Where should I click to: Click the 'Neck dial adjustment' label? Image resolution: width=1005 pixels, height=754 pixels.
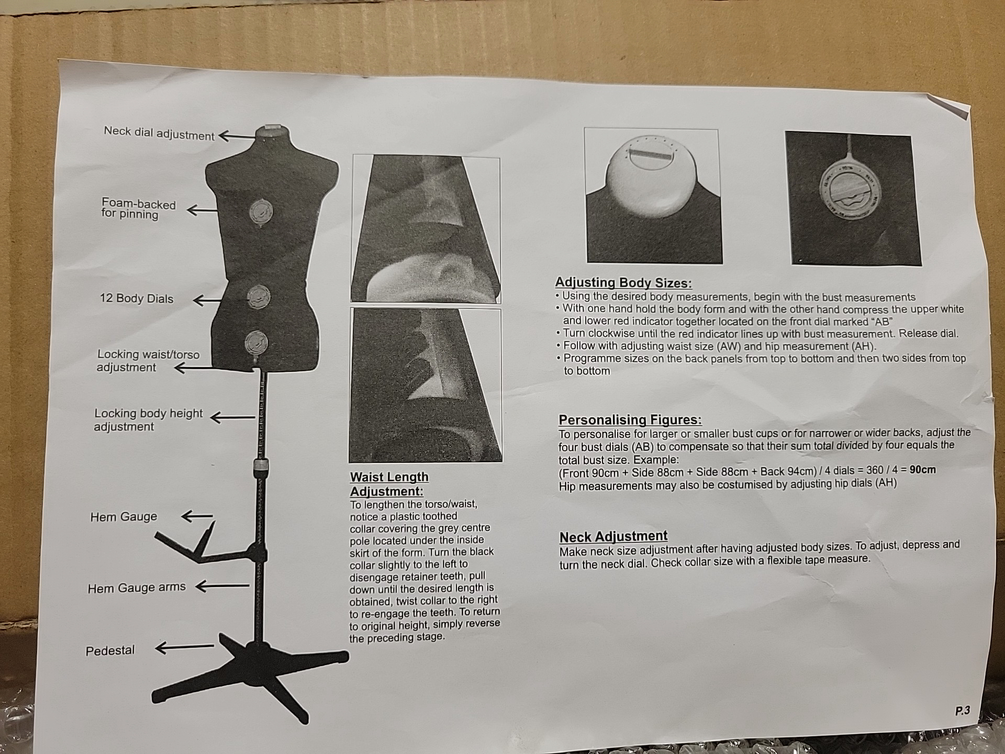tap(159, 133)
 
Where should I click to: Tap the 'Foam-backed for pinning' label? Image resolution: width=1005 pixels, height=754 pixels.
tap(138, 208)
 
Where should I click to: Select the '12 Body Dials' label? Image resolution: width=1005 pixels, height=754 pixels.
tap(137, 298)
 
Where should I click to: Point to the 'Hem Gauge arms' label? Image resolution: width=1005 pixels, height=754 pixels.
tap(137, 588)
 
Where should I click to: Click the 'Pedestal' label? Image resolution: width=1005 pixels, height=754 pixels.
tap(110, 650)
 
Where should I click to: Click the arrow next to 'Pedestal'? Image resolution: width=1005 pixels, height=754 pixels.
tap(185, 648)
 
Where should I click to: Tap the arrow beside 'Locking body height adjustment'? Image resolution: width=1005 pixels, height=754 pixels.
tap(232, 417)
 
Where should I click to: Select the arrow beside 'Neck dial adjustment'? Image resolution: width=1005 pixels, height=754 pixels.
tap(237, 137)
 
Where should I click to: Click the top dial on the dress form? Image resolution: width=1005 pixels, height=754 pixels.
tap(261, 213)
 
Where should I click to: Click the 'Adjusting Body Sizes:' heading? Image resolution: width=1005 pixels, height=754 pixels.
tap(623, 283)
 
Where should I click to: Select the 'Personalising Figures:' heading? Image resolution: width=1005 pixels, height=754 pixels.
tap(630, 420)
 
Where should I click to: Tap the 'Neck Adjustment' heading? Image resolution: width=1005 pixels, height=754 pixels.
tap(613, 537)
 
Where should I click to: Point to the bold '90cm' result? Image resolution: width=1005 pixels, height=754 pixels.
tap(922, 470)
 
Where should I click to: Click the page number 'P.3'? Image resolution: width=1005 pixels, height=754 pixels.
tap(962, 711)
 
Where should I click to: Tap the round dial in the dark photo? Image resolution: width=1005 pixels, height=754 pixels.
tap(851, 188)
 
